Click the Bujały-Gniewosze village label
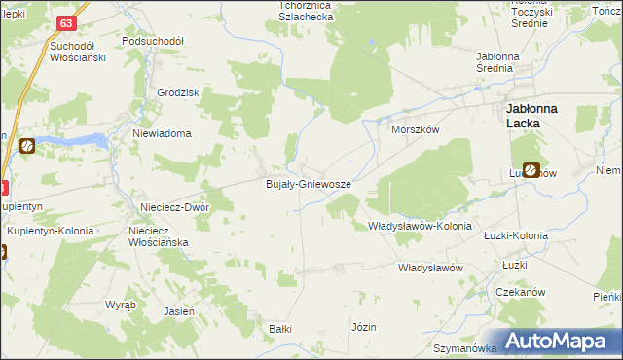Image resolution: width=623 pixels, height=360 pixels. [x=309, y=184]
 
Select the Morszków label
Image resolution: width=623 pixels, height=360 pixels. [x=416, y=129]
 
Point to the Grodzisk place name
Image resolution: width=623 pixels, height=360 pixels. [x=177, y=92]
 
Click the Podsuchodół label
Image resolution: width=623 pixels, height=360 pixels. [x=153, y=42]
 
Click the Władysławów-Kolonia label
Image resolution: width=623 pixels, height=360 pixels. [x=420, y=226]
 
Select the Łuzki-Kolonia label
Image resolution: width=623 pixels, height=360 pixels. [x=516, y=235]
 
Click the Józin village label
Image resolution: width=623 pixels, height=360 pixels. [x=363, y=327]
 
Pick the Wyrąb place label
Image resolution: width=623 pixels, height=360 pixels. [x=121, y=305]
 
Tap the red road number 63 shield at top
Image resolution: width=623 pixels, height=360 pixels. [x=65, y=22]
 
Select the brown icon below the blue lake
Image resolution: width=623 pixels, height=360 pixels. [x=26, y=147]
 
